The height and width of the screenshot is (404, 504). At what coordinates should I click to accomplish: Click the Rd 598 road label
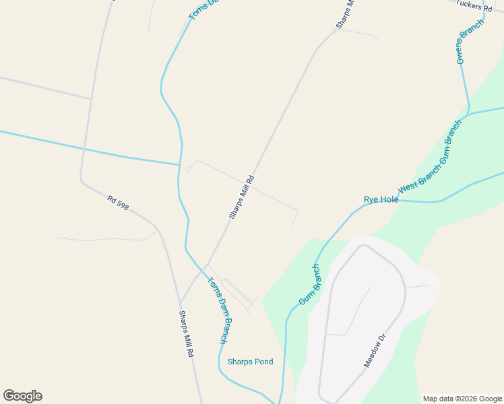[118, 202]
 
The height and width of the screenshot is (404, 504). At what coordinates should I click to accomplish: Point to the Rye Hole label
[381, 199]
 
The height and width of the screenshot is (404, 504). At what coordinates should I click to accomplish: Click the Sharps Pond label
[250, 362]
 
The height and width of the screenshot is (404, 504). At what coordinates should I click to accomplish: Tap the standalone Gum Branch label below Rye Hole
[309, 284]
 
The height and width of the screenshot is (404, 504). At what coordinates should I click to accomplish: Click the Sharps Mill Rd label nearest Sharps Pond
[187, 333]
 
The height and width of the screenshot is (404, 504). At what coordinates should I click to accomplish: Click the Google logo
[22, 396]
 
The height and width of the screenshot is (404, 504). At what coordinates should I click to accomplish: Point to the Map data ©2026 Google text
[462, 399]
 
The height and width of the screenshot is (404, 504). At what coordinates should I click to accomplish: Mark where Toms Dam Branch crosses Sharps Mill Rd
[201, 269]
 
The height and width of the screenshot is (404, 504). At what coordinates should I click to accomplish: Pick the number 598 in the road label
[122, 204]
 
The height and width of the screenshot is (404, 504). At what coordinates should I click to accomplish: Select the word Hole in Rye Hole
[389, 199]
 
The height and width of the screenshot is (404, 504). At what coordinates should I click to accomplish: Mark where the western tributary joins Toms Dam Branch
[180, 164]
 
